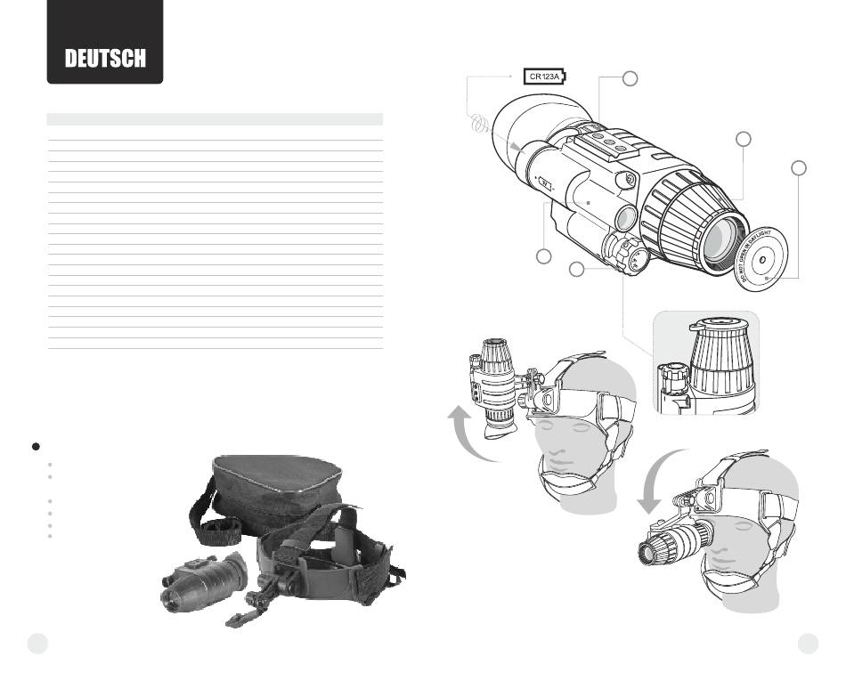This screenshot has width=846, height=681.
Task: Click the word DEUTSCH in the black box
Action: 105,58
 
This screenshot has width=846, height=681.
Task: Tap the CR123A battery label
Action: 545,76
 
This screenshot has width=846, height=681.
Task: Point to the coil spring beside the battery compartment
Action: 479,124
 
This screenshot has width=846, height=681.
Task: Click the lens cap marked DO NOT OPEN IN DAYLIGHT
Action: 761,259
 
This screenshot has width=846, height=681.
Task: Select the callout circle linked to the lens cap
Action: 799,167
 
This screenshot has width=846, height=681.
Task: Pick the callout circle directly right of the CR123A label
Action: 630,78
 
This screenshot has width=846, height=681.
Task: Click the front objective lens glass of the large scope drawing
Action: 722,240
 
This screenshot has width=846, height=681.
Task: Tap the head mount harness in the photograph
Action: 318,566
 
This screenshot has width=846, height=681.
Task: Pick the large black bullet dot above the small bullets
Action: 36,447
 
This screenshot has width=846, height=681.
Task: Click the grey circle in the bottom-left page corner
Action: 37,644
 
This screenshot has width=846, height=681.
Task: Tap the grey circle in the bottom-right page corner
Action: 808,644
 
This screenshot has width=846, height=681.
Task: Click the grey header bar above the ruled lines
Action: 215,119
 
